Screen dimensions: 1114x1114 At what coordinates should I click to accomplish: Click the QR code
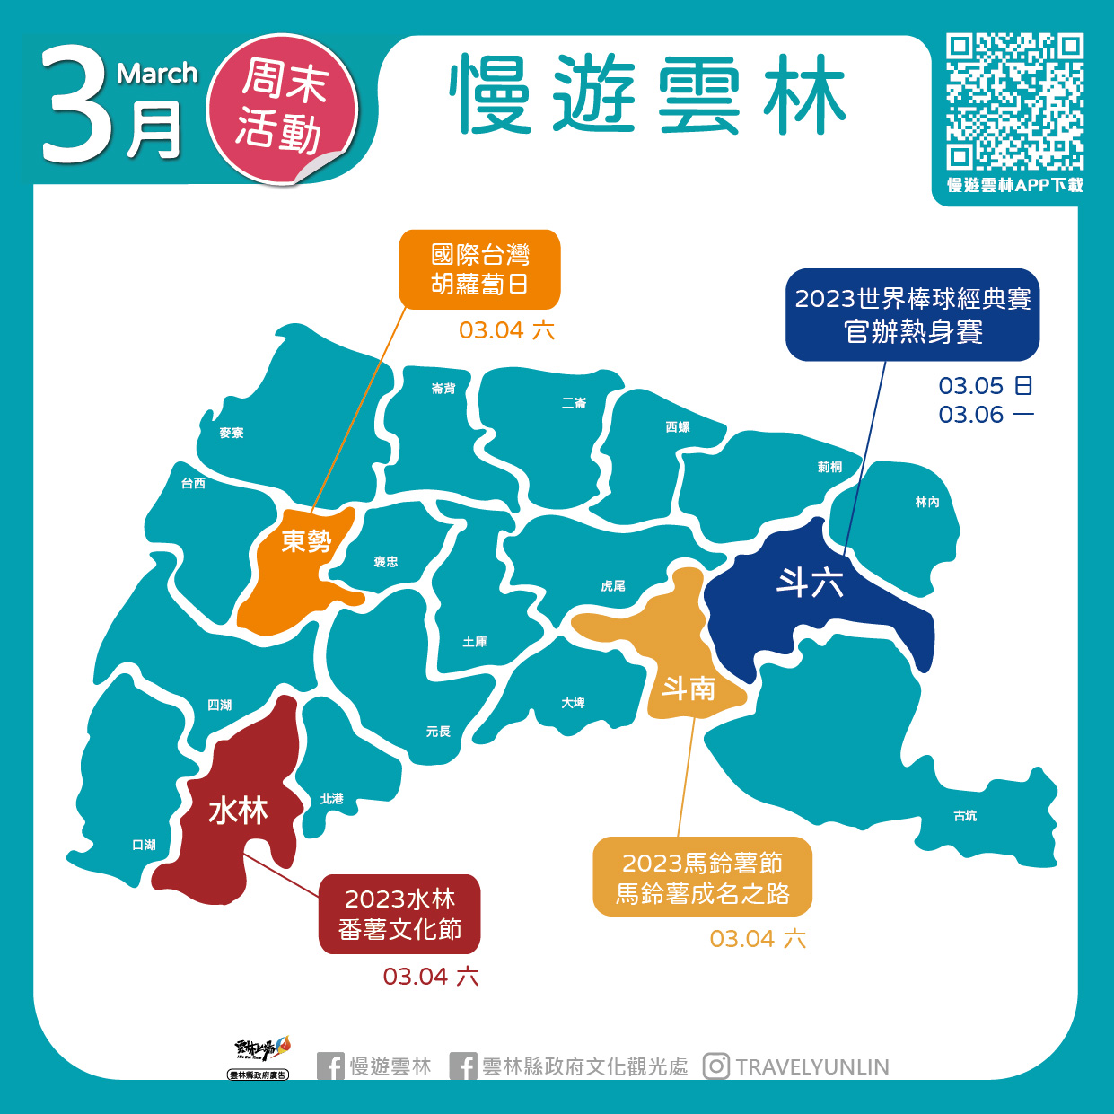coord(1014,101)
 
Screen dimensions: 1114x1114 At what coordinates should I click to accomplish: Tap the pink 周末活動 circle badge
coord(282,108)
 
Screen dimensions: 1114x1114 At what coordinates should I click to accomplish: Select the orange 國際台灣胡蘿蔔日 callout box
coord(479,269)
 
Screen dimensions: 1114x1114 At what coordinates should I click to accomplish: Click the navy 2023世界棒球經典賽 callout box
coord(912,315)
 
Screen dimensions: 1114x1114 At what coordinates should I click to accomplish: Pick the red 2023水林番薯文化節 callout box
coord(399,914)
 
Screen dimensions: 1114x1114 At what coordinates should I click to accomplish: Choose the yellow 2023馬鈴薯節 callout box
coord(702,877)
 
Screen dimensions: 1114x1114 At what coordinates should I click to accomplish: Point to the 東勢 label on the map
coord(306,540)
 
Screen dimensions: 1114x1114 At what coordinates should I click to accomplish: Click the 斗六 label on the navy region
coord(810,583)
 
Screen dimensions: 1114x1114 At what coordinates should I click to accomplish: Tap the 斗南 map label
coord(689,689)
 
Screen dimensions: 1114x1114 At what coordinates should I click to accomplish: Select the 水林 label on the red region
coord(238,811)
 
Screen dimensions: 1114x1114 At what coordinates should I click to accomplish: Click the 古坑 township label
coord(965,816)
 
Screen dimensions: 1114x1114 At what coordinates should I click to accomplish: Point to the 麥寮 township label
coord(232,433)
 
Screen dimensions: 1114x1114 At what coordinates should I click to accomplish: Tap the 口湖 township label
coord(144,845)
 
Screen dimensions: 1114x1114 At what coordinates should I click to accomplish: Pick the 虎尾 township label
coord(613,586)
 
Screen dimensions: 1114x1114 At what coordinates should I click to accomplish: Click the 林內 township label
coord(927,502)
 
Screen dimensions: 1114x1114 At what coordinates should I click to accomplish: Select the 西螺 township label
coord(678,427)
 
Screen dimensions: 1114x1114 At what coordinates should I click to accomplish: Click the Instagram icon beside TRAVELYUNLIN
coord(715,1066)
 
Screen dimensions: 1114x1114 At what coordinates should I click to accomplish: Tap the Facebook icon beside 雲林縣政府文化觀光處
coord(463,1066)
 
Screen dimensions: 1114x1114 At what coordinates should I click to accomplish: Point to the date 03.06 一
coord(986,415)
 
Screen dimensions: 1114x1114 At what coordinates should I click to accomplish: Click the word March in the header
coord(157,74)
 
